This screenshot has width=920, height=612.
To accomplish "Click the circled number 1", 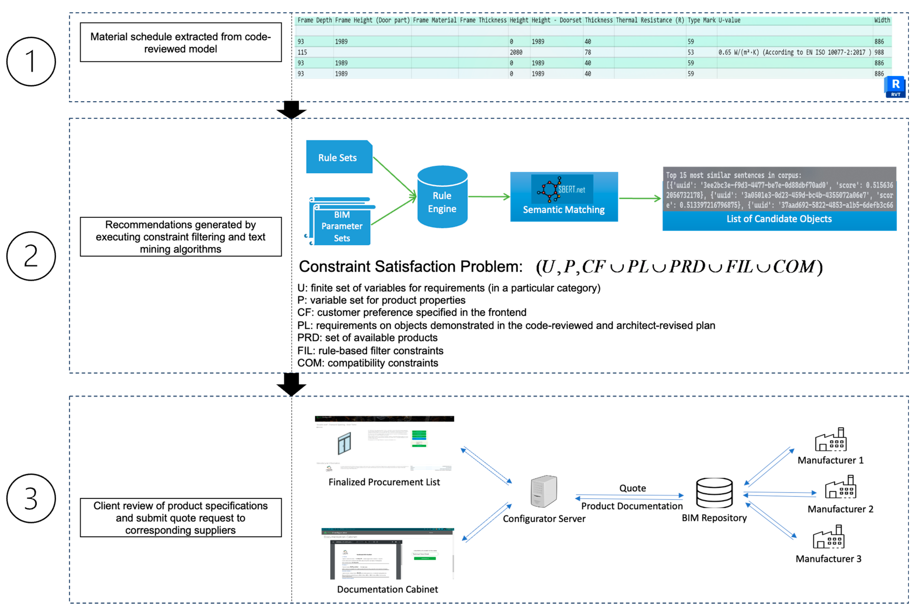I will point(31,62).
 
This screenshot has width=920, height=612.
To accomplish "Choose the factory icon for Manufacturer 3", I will point(828,538).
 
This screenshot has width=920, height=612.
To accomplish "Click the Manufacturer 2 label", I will point(840,509).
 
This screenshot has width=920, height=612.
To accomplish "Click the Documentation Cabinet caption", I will point(387,589).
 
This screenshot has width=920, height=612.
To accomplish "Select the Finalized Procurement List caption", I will point(384,482).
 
